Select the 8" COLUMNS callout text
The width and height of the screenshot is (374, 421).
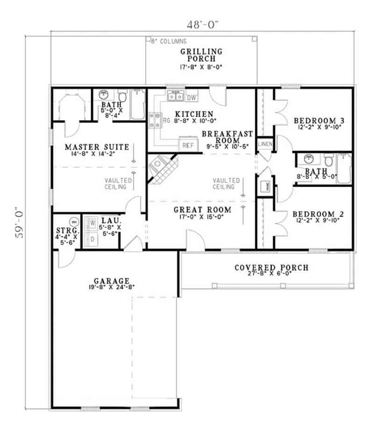pyautogui.click(x=169, y=42)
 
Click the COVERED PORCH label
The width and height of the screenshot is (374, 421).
pyautogui.click(x=271, y=268)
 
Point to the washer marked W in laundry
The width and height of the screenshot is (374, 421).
pyautogui.click(x=93, y=223)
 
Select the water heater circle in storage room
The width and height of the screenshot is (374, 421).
pyautogui.click(x=73, y=221)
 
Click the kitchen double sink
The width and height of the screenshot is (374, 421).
pyautogui.click(x=176, y=97)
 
